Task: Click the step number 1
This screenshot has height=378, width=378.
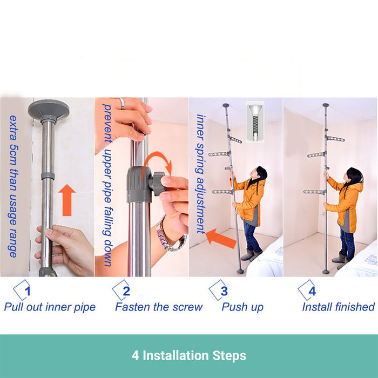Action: coord(28,291)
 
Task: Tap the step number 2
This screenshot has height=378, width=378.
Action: coord(126,291)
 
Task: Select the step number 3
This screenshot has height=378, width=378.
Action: coord(224,291)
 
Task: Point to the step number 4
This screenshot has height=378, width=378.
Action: coord(312,291)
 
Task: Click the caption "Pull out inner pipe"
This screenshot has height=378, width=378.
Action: coord(50,307)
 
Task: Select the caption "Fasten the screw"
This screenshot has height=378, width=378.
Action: coord(159,307)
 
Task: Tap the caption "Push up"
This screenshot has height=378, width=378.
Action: coord(242,307)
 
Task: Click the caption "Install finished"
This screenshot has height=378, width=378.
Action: coord(339,307)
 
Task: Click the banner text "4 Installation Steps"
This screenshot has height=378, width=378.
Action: coord(189,355)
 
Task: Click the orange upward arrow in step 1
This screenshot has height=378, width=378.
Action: coord(67,200)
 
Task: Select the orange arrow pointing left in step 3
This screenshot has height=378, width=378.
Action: coord(220,238)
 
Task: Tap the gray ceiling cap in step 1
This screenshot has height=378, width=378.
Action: coord(49,110)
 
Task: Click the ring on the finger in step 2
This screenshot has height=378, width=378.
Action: coord(122,104)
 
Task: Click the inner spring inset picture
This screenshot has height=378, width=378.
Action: coord(255,122)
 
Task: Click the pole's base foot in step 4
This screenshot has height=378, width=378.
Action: coord(326,272)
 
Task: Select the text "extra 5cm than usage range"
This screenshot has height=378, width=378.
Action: coord(13,186)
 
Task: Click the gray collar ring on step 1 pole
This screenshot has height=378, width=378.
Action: coord(48,175)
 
